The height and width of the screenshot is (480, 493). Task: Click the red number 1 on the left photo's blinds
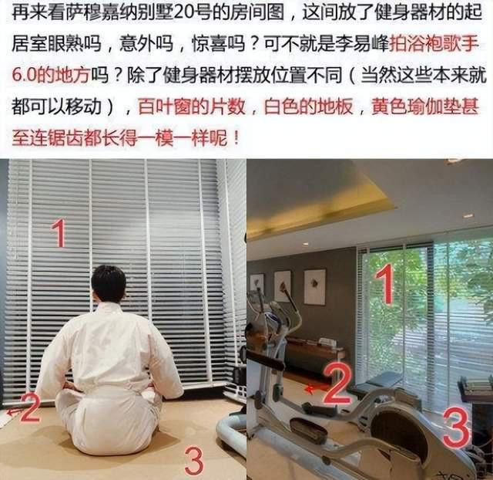click(x=59, y=233)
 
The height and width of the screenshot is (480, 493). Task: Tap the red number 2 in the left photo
click(x=31, y=407)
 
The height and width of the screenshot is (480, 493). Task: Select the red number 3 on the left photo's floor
click(x=194, y=461)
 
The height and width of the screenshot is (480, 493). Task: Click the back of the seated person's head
click(x=109, y=285)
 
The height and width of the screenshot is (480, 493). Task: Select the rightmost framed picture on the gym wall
click(x=314, y=287)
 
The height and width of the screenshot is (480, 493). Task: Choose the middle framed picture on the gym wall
click(x=282, y=286)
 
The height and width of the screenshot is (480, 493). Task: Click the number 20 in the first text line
click(x=183, y=12)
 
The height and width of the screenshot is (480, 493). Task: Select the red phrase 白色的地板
click(x=308, y=106)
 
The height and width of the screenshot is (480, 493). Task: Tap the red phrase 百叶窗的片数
click(x=192, y=106)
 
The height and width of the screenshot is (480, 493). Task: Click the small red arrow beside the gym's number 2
click(x=316, y=389)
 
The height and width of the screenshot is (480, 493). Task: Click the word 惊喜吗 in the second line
click(x=219, y=43)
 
